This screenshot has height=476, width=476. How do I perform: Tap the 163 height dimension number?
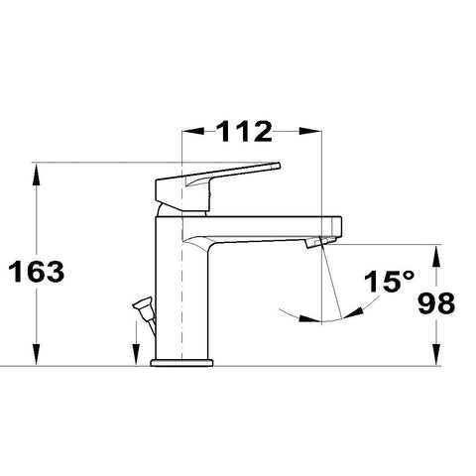[37, 272]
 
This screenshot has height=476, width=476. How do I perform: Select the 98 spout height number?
[436, 303]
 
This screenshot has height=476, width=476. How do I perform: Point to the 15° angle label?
[389, 282]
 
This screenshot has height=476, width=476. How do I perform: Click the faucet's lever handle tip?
[278, 166]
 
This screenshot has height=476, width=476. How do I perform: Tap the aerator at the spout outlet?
[319, 242]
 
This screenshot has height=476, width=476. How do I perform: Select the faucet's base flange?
[181, 363]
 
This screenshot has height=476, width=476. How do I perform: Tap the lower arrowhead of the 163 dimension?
[37, 354]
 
